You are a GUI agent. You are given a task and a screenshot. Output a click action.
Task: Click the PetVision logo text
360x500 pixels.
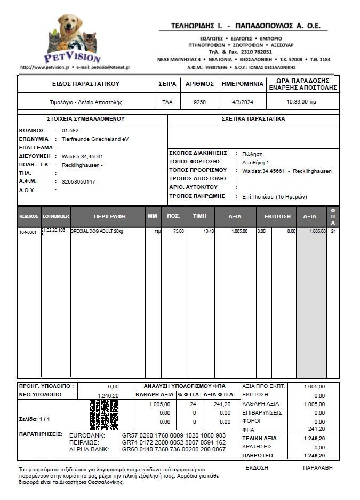72,57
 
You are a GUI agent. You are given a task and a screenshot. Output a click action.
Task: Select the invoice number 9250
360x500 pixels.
199,101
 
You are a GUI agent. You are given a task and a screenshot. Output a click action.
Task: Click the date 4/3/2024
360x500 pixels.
242,101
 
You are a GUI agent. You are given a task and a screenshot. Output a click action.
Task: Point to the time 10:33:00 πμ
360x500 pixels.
301,101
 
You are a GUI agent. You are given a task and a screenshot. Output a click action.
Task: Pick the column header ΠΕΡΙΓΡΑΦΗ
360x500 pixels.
109,217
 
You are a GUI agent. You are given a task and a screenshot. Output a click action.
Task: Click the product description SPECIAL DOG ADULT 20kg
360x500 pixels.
97,231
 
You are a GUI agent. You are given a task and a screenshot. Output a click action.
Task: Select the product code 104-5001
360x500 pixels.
28,232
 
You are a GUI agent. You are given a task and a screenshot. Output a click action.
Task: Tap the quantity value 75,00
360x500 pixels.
179,231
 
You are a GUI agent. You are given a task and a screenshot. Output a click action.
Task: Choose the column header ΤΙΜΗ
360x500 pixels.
199,217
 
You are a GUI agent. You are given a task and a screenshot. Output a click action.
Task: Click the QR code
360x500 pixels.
104,415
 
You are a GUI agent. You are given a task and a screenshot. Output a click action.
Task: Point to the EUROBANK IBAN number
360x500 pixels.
173,435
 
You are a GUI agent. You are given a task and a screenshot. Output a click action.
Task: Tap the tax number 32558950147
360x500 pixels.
78,181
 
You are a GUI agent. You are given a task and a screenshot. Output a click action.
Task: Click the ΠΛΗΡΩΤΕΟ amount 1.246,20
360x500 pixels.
314,456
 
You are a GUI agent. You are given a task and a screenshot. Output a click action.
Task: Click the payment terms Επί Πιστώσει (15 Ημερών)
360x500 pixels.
274,196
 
